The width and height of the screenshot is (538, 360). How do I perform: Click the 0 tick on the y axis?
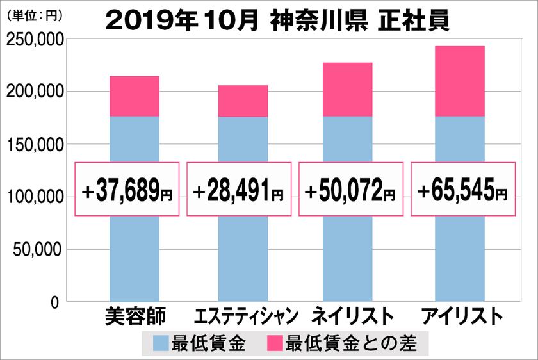pos(55,302)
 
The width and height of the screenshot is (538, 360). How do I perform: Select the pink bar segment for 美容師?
pos(134,96)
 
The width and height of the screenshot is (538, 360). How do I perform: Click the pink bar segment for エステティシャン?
pos(243,101)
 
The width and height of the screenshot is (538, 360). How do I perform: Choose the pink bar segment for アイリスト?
pos(459,81)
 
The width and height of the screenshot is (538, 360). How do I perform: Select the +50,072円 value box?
pos(350,190)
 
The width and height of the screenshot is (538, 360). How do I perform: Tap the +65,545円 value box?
pos(462,190)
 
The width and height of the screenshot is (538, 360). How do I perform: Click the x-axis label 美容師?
pos(134,317)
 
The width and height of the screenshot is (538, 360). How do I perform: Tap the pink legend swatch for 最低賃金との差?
pos(272,344)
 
